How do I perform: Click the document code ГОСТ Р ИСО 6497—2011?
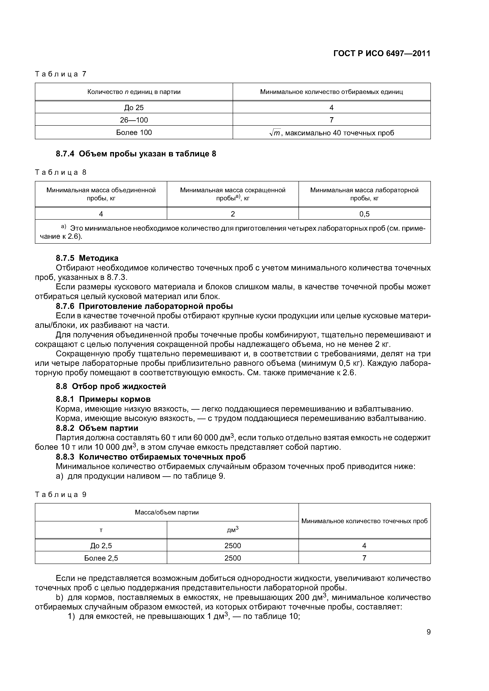[382, 54]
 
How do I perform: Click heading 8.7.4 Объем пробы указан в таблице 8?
[136, 154]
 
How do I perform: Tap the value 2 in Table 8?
[233, 214]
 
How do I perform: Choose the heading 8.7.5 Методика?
[87, 258]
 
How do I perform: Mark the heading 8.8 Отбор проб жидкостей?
[111, 386]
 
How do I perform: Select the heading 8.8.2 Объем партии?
[97, 428]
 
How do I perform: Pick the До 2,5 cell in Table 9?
[101, 546]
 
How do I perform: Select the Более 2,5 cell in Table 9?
[101, 558]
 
